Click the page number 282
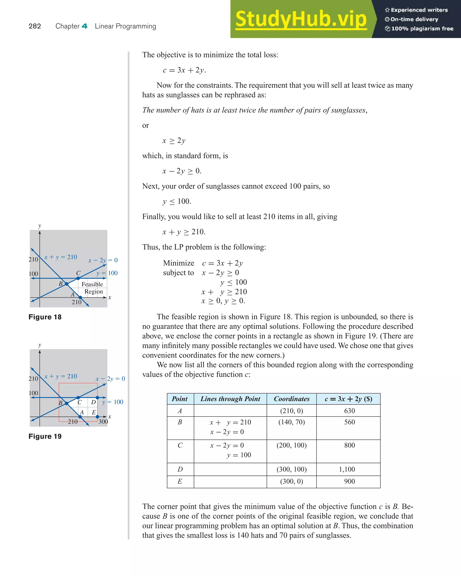(x=35, y=26)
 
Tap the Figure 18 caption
(x=45, y=317)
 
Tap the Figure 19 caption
(x=45, y=436)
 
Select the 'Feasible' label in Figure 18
(x=92, y=284)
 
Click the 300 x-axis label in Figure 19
(x=103, y=421)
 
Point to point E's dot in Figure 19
(x=97, y=417)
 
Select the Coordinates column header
(x=292, y=399)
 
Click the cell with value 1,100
(x=347, y=469)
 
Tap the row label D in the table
(x=180, y=469)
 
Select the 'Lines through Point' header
(x=230, y=399)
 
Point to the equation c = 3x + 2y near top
(x=184, y=70)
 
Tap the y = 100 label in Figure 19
(x=113, y=402)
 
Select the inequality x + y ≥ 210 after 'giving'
(x=184, y=232)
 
